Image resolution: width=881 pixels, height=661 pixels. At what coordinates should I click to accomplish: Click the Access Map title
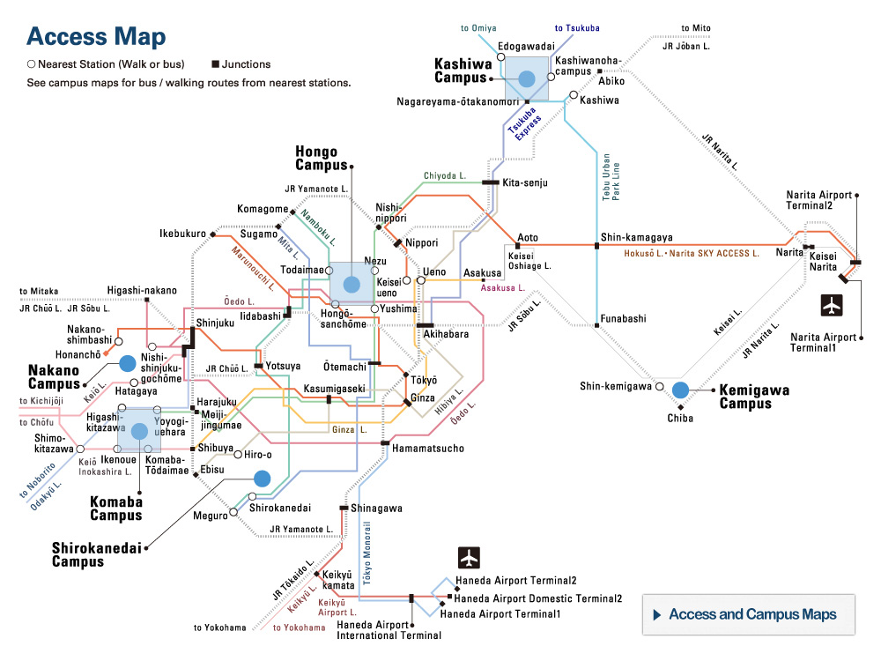coord(95,37)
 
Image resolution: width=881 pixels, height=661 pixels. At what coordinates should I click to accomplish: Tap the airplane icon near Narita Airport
coord(832,305)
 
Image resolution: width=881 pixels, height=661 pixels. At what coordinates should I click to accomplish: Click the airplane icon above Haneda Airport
coord(470,558)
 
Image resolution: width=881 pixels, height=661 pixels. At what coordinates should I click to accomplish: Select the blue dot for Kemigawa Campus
coord(679,389)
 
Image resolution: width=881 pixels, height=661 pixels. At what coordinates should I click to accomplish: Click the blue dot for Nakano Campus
coord(127,362)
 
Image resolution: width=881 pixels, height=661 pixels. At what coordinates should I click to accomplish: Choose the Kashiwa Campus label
coord(466,71)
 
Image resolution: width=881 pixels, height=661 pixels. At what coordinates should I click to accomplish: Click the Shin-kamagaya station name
coord(636,237)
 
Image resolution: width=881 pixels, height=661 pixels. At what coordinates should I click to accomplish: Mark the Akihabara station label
coord(448,334)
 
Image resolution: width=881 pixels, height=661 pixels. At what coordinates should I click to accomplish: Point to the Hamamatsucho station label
coord(428,449)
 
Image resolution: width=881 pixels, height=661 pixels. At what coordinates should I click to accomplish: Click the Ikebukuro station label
coord(182,234)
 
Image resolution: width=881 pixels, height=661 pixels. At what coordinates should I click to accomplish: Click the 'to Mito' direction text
coord(695,28)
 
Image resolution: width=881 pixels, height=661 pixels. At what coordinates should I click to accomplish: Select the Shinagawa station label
coord(376,508)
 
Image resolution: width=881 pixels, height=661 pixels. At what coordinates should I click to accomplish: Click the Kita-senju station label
coord(525,182)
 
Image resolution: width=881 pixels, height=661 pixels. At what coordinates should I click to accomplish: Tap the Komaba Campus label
coord(115,509)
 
